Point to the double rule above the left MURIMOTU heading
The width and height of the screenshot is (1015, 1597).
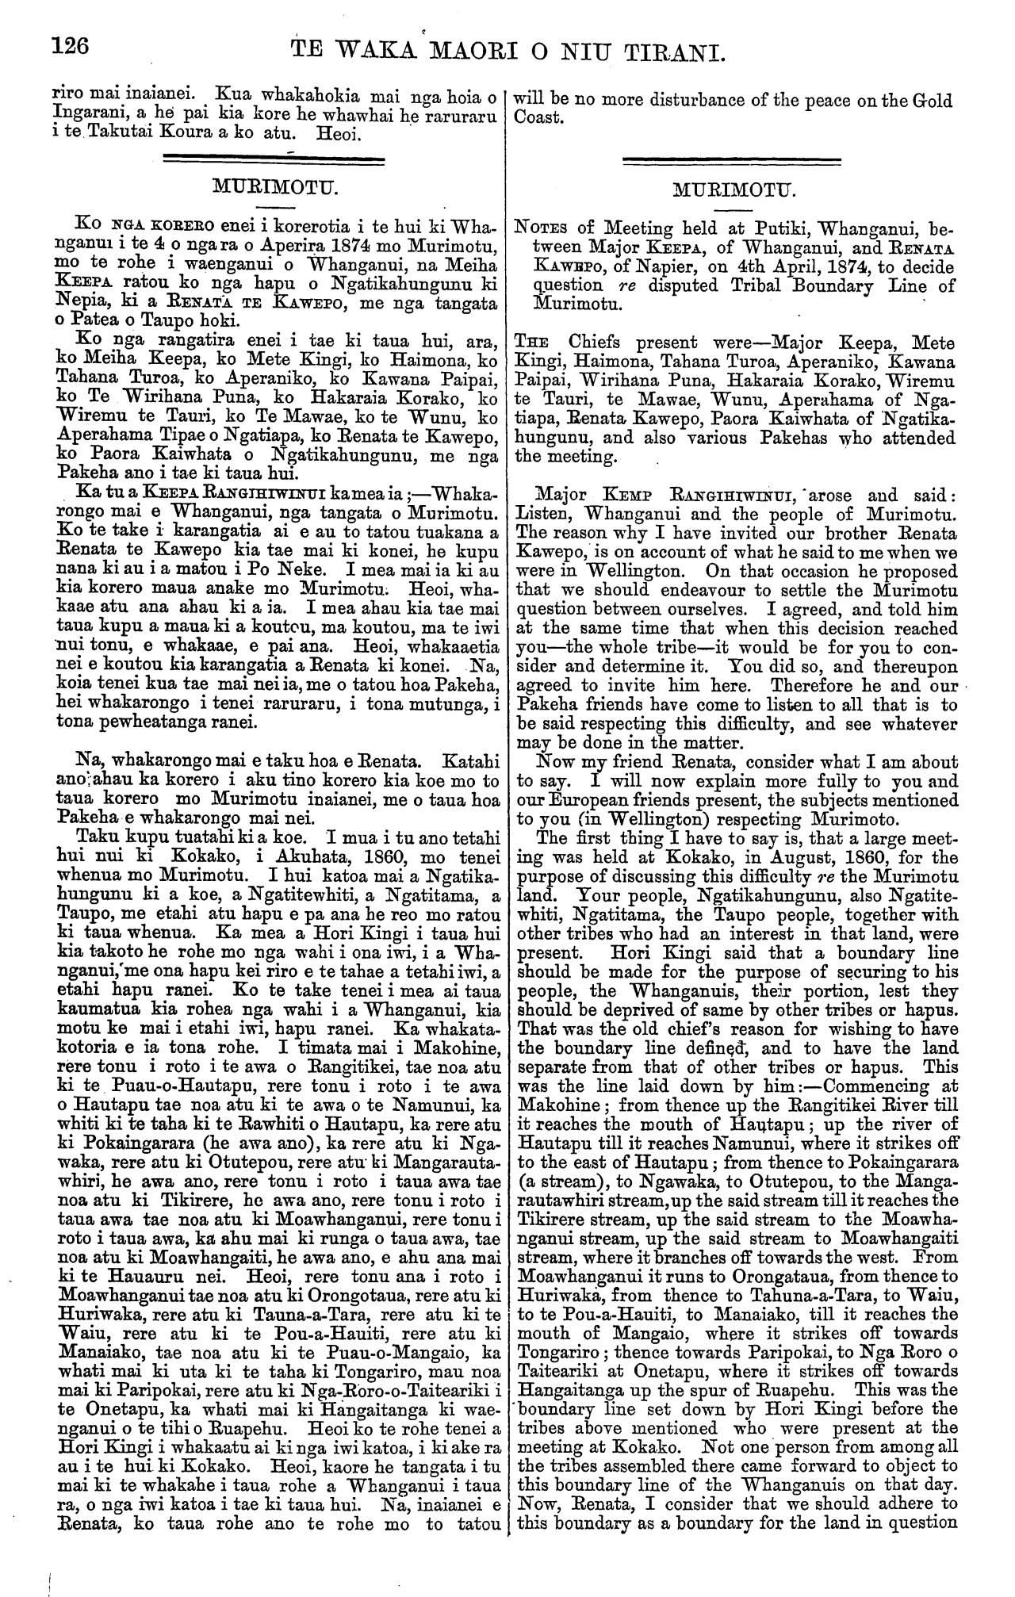272,163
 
